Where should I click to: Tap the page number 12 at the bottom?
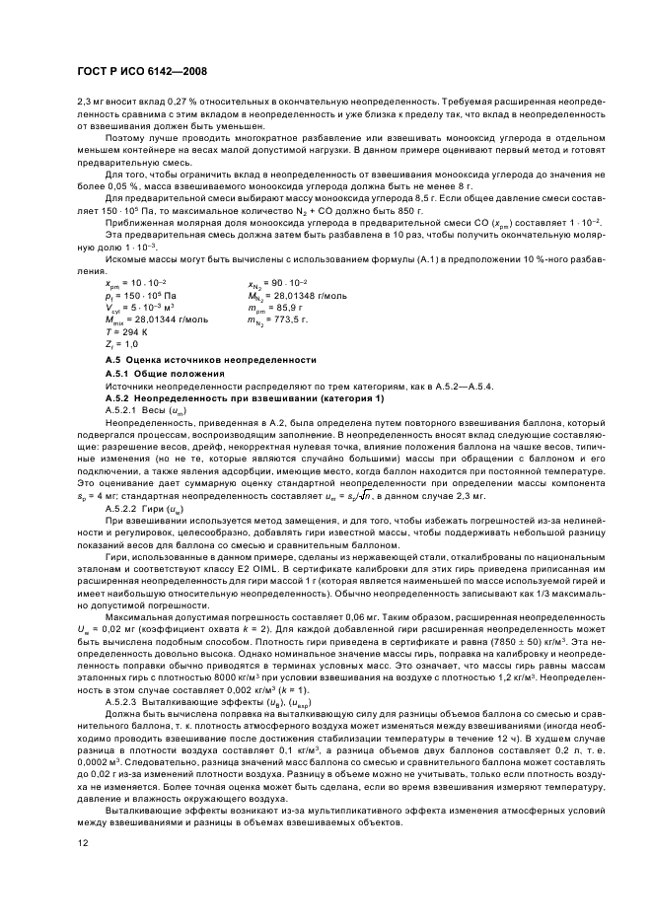click(82, 843)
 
